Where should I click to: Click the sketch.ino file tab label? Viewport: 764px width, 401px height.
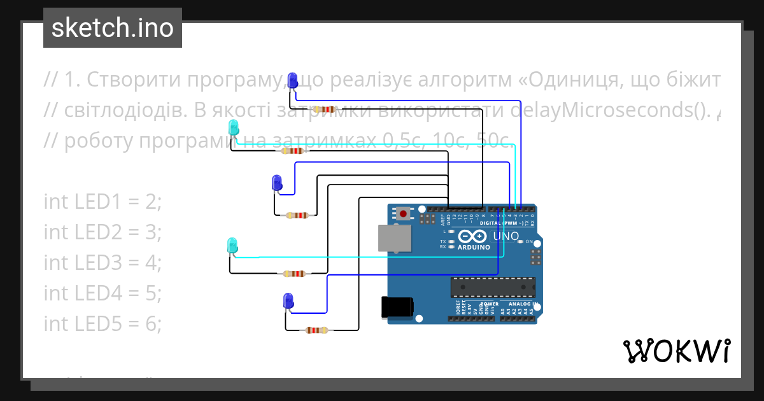(112, 28)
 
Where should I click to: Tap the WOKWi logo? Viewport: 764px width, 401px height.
(676, 351)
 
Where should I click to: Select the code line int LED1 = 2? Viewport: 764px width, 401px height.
(103, 202)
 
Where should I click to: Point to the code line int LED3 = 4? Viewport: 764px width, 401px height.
(103, 263)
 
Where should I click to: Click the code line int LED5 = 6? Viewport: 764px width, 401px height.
(103, 324)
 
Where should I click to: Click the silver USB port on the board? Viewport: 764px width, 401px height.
(394, 238)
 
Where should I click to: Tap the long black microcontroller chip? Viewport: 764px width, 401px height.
(491, 287)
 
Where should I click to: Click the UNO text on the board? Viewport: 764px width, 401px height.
(506, 236)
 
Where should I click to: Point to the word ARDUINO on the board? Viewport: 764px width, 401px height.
(474, 247)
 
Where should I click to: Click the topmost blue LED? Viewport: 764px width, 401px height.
(292, 81)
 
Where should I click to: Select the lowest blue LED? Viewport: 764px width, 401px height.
(288, 301)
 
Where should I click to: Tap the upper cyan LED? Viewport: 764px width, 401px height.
(234, 127)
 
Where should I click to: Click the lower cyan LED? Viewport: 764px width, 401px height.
(232, 245)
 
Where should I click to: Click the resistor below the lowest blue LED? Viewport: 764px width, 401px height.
(316, 330)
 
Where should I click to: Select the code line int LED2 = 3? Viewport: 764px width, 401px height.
(103, 232)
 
